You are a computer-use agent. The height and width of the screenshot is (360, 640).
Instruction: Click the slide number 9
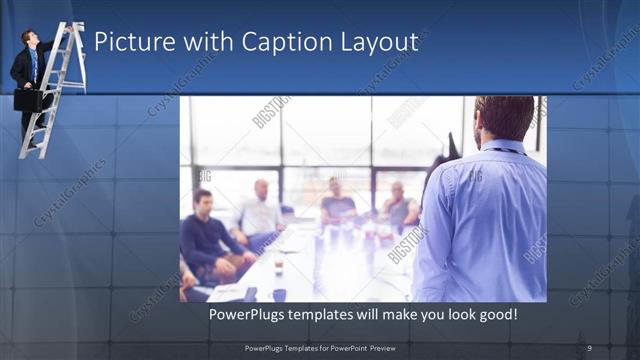click(589, 347)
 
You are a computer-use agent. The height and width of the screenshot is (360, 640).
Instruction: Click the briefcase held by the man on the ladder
click(27, 99)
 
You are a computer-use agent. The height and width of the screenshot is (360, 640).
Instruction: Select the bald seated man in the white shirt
click(259, 211)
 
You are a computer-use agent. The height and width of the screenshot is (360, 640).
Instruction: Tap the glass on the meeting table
click(279, 262)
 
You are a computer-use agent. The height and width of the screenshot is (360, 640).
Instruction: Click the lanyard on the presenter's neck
click(505, 150)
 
